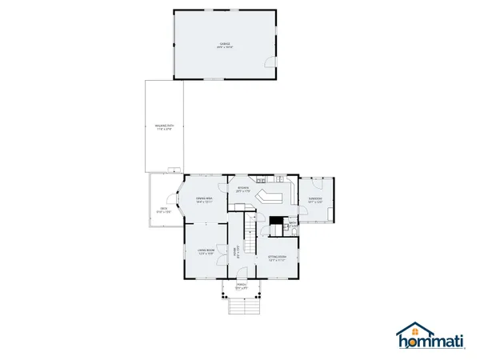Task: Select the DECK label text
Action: [163, 210]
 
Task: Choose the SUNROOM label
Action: [315, 200]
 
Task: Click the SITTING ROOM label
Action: [277, 258]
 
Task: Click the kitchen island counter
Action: [270, 197]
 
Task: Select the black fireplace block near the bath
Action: [277, 222]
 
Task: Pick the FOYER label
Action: [235, 254]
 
